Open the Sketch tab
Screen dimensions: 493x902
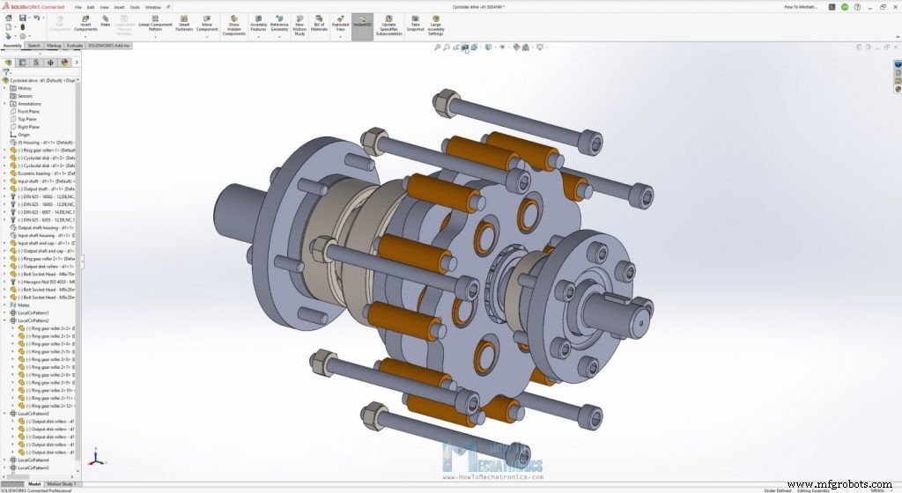(x=34, y=44)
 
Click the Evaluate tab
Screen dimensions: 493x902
(x=75, y=44)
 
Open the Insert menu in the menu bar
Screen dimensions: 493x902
(x=119, y=6)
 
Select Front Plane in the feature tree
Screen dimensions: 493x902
(x=30, y=112)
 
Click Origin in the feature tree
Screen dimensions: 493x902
(x=24, y=135)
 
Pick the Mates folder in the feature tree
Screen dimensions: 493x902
(x=23, y=305)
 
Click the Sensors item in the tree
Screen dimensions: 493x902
(x=26, y=96)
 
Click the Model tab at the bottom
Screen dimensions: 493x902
(x=34, y=483)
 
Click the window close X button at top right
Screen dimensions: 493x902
(x=894, y=6)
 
